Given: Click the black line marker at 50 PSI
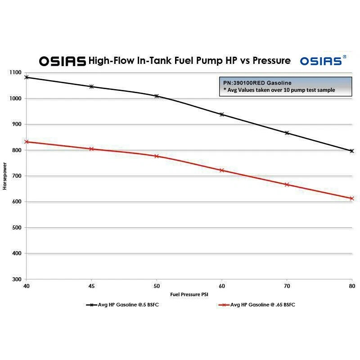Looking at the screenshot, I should pos(157,96).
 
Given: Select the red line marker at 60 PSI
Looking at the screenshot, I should pos(221,170).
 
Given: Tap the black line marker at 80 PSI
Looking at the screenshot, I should pos(352,151).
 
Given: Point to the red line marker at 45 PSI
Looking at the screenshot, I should pos(91,148).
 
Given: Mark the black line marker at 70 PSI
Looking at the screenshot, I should pos(287,133).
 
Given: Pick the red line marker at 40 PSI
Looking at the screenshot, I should pos(27,142).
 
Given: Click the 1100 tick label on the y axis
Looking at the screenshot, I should pos(15,72).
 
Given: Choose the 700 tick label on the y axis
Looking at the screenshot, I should pos(17,176).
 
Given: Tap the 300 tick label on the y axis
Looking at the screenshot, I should pos(17,279).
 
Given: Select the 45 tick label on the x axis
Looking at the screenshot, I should pos(91,286).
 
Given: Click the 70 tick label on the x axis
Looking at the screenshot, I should pos(287,286).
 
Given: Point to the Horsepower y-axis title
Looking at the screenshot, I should pos(5,176).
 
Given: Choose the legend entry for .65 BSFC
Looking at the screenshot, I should pos(257,305).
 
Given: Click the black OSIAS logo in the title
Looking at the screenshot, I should pos(62,61).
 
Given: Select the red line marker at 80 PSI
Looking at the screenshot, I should pos(352,198).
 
